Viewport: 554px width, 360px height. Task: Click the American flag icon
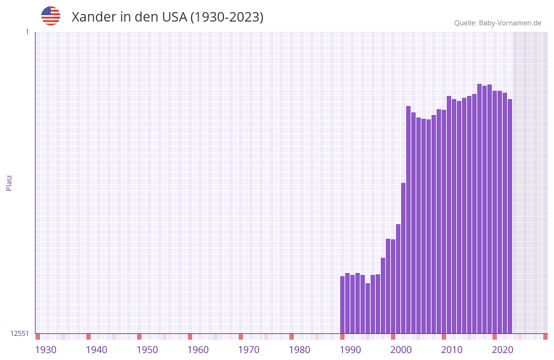point(51,16)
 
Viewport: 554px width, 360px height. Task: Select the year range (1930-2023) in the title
point(227,17)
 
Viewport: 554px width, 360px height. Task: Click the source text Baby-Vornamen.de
point(510,23)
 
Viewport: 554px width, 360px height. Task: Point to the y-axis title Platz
point(9,182)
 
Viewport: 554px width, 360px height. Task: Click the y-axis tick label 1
point(27,32)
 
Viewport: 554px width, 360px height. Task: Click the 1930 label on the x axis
point(46,350)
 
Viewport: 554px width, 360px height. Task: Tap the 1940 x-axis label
point(96,350)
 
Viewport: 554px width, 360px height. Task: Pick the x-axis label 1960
point(198,350)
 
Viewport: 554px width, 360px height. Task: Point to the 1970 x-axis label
point(249,350)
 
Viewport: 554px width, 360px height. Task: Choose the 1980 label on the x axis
point(300,350)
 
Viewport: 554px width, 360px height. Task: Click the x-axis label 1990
point(350,350)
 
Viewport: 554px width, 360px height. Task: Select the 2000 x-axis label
point(401,350)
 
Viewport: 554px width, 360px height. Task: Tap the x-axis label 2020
point(503,350)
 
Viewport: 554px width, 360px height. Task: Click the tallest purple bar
point(480,210)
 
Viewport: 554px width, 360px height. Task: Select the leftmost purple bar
point(343,305)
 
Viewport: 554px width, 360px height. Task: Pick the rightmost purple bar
point(510,216)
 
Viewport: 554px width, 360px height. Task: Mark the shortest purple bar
point(368,309)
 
